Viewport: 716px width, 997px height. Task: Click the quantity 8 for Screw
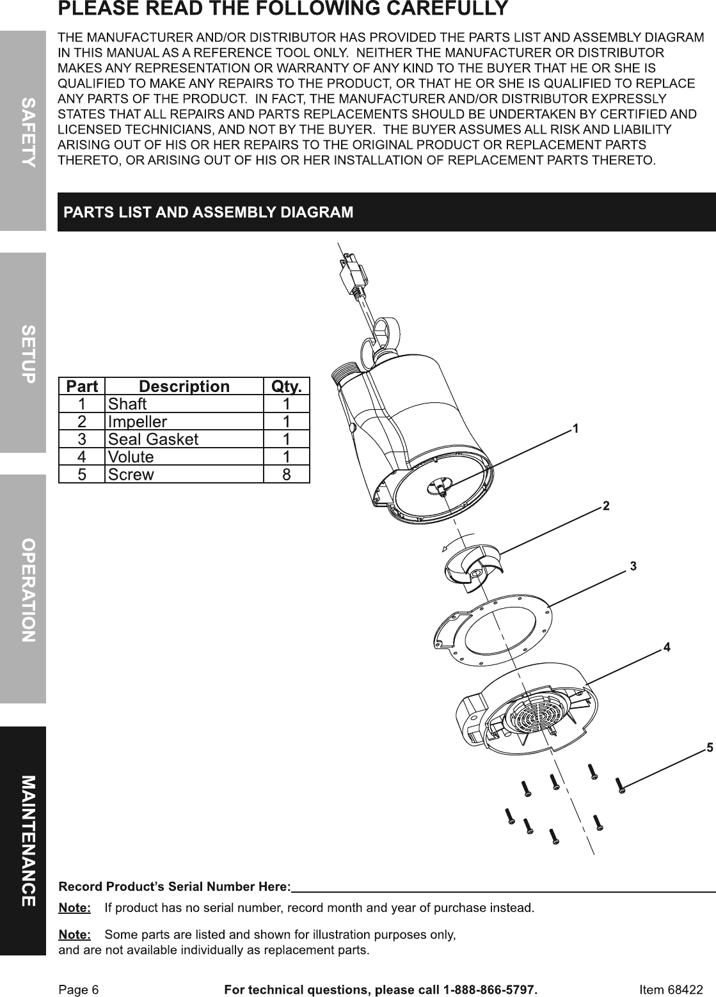point(287,475)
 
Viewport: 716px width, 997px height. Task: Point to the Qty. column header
point(287,386)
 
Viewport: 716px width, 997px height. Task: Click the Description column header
point(184,386)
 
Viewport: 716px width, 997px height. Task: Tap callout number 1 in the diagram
point(576,428)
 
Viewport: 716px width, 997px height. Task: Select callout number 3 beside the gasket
point(633,566)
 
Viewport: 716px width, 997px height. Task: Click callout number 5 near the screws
point(709,747)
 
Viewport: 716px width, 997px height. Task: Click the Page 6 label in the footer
point(79,990)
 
